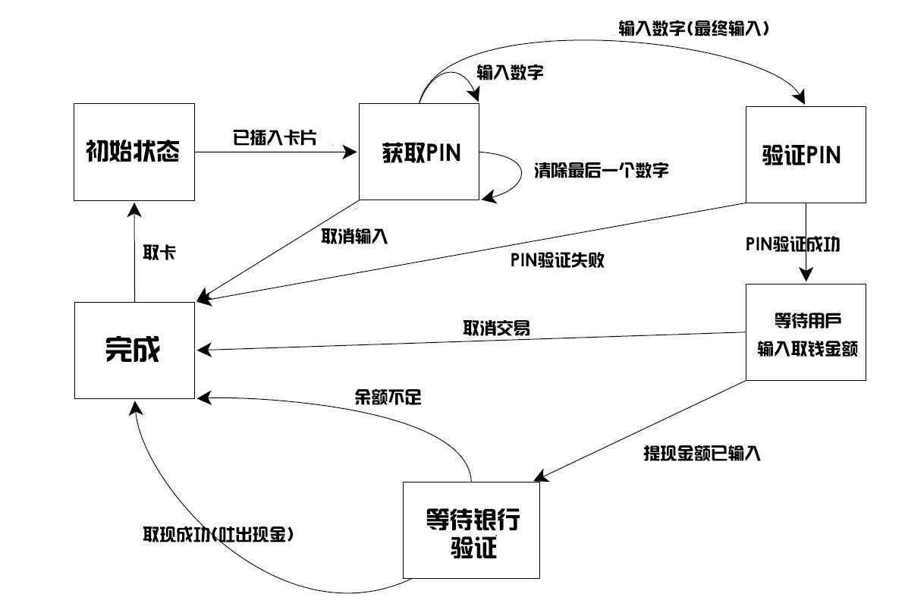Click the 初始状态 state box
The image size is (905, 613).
(134, 152)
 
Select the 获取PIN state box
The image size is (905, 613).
(419, 152)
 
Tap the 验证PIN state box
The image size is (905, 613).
(806, 155)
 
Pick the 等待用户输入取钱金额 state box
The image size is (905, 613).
(806, 332)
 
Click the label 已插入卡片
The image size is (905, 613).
(274, 137)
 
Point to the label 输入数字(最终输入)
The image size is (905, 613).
(694, 30)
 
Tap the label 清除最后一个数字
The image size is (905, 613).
(602, 170)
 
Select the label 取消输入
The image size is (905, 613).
(355, 236)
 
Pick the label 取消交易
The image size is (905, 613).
(496, 329)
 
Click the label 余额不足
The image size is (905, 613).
(388, 396)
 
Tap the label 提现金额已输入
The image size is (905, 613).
(701, 454)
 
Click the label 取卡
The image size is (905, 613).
(159, 253)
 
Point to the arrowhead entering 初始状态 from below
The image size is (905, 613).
(134, 206)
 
